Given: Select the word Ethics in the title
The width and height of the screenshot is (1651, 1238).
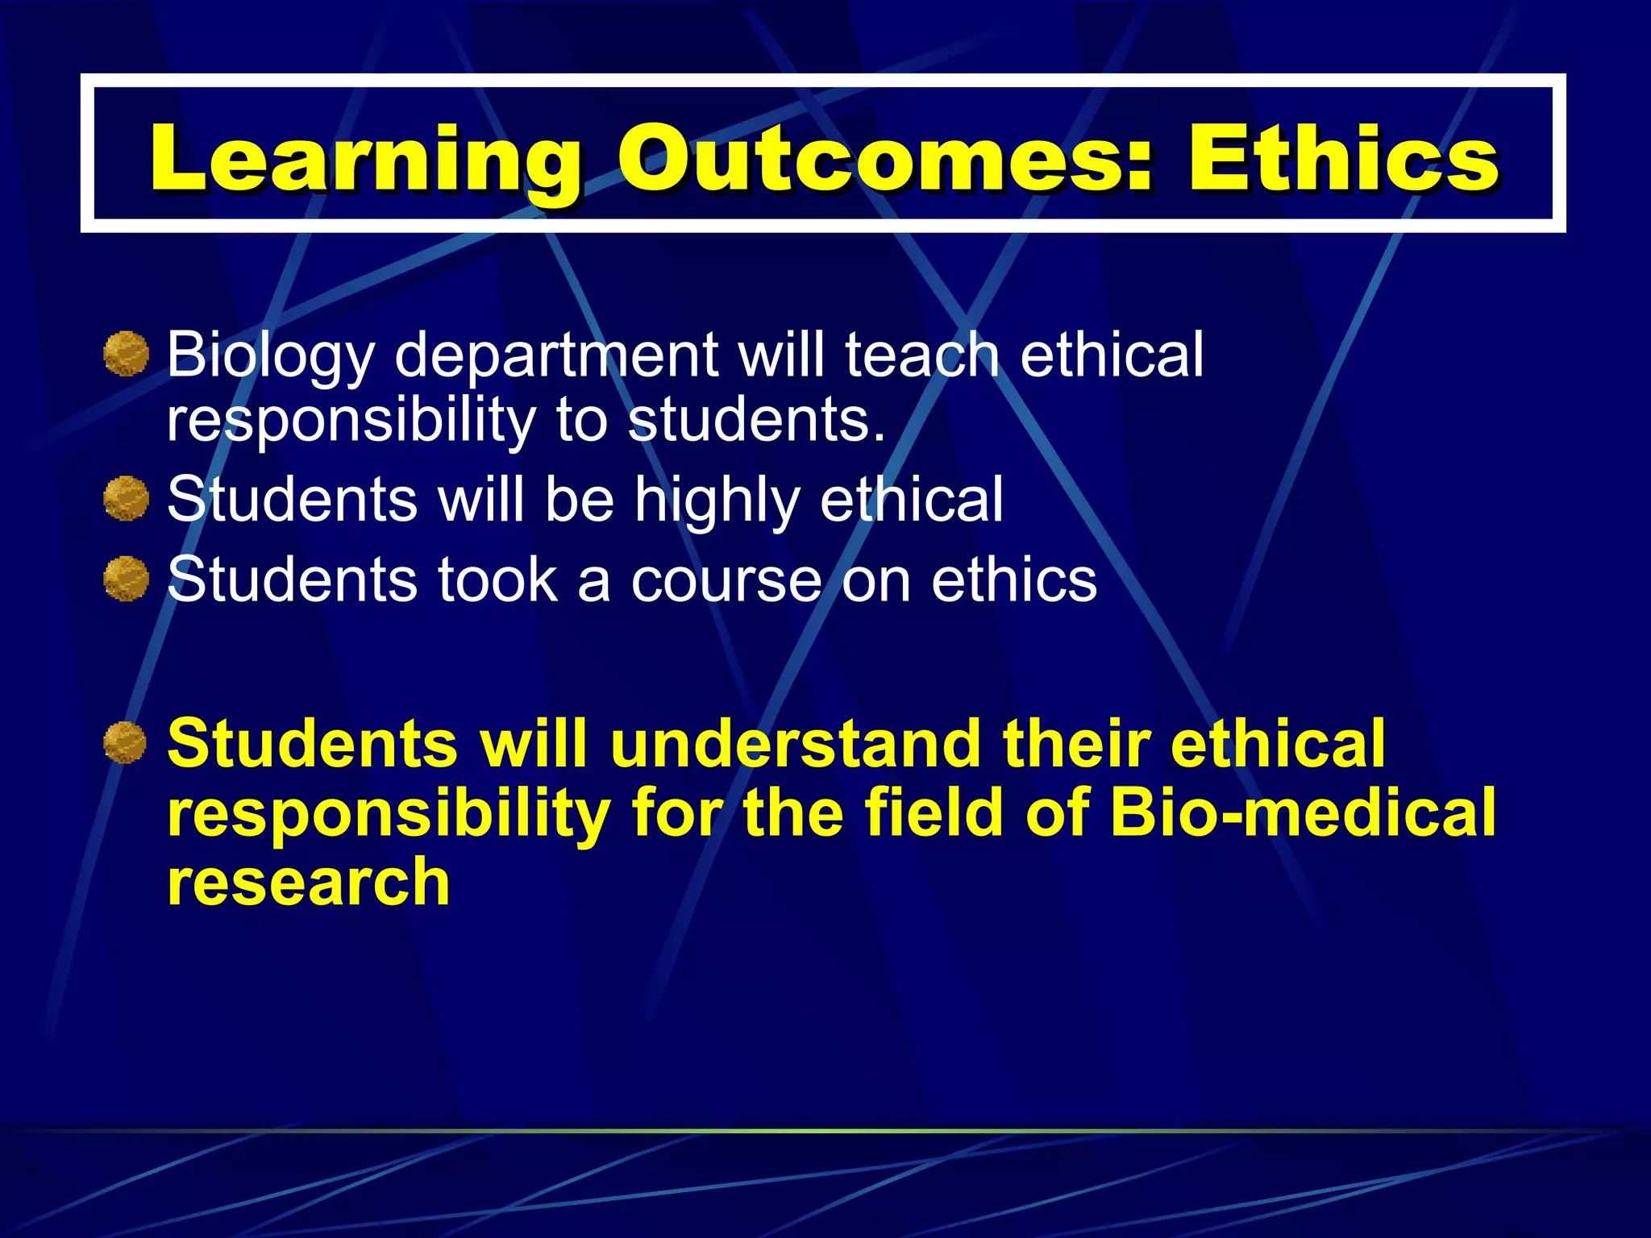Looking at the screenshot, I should (x=1342, y=159).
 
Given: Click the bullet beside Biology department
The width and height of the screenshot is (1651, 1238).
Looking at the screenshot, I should (x=127, y=354).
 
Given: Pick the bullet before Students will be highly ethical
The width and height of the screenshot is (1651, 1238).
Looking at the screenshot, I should (x=127, y=498).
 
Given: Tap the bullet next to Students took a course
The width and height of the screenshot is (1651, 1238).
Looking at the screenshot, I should (x=127, y=579).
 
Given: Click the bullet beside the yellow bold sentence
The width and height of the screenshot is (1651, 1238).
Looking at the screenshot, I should (x=126, y=742).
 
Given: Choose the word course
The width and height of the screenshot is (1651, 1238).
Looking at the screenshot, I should (x=726, y=580).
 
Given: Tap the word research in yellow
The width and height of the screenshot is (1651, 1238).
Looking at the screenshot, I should (x=308, y=883).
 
